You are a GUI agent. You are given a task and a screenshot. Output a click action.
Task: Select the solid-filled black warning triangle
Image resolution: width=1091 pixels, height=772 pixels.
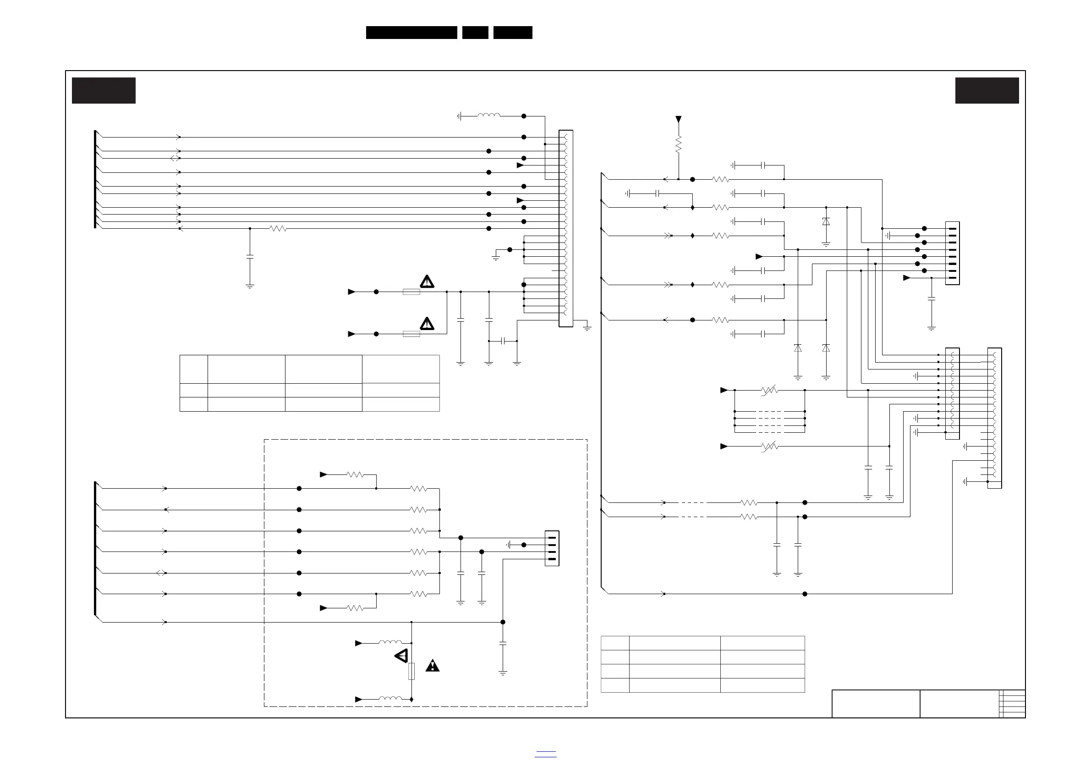433,666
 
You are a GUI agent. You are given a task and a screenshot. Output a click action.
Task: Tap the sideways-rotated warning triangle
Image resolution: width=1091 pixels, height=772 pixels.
401,656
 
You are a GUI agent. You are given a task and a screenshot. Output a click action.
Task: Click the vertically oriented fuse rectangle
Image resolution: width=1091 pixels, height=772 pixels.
411,671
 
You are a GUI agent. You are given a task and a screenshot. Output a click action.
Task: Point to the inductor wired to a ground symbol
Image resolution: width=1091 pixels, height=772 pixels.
488,116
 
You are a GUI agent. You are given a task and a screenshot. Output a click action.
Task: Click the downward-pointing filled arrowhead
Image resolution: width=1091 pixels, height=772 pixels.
679,119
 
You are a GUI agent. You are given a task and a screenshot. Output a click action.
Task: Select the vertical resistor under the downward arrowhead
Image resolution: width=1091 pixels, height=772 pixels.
679,144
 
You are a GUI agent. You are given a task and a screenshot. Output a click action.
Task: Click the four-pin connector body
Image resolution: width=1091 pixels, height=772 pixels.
552,548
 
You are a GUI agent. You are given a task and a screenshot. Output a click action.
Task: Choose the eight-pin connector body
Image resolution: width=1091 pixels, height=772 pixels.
952,253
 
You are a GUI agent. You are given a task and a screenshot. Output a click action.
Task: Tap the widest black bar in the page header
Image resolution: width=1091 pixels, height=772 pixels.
411,33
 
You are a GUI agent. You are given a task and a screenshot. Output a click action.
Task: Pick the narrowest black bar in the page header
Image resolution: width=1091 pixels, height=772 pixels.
475,33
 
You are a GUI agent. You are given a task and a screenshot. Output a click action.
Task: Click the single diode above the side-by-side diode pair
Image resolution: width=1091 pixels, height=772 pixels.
826,221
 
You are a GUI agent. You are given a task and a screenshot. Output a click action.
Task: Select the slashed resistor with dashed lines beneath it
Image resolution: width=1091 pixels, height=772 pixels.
770,390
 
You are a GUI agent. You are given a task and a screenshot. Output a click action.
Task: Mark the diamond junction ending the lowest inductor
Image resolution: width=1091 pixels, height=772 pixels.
411,699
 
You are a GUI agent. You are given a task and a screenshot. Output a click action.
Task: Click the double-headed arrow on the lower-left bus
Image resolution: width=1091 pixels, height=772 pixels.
161,573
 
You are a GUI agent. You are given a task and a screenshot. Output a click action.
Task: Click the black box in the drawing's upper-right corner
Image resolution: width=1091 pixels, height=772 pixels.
987,90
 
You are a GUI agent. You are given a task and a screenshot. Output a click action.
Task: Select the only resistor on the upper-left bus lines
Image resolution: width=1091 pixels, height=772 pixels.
278,229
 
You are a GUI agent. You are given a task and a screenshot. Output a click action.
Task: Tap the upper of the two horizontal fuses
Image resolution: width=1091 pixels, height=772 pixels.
411,292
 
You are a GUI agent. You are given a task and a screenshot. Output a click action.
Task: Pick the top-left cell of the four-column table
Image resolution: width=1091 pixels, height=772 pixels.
194,369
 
